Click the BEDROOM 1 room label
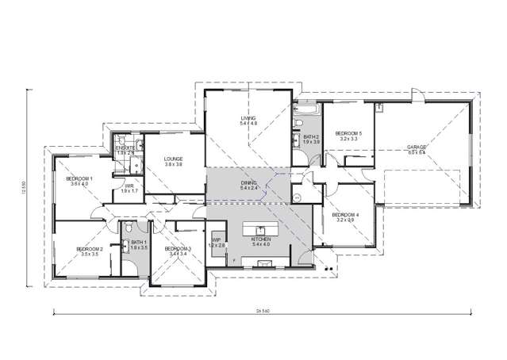tap(79, 178)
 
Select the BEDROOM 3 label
tap(178, 249)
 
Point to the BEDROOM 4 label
tap(346, 215)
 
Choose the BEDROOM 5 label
tap(349, 133)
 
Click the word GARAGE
tap(417, 147)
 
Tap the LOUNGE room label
tap(173, 159)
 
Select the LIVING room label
tap(249, 120)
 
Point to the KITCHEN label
tap(260, 239)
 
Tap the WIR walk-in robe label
tap(129, 186)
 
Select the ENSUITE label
tap(125, 147)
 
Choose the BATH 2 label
tap(311, 136)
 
